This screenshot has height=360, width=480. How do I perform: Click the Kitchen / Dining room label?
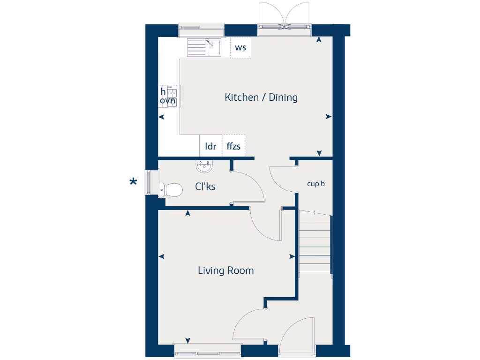[x=261, y=97]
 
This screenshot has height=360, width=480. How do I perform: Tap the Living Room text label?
[x=225, y=270]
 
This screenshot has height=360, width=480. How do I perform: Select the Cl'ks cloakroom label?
[x=205, y=187]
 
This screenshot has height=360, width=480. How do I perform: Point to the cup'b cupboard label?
[x=316, y=184]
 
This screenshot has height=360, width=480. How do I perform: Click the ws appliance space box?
[x=240, y=48]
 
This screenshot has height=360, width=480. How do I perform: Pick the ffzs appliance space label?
[x=233, y=146]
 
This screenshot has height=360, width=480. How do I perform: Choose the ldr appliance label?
[x=210, y=146]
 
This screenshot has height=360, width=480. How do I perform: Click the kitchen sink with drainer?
[x=204, y=47]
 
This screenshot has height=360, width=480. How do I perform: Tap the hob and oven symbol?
[x=169, y=96]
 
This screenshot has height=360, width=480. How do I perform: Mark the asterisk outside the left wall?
[x=134, y=183]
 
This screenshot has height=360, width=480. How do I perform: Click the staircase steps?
[x=315, y=244]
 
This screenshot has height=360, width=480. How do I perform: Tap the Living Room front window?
[x=207, y=350]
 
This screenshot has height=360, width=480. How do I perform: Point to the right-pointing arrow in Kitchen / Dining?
[x=329, y=117]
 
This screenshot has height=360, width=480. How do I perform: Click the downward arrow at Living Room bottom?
[x=188, y=341]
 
